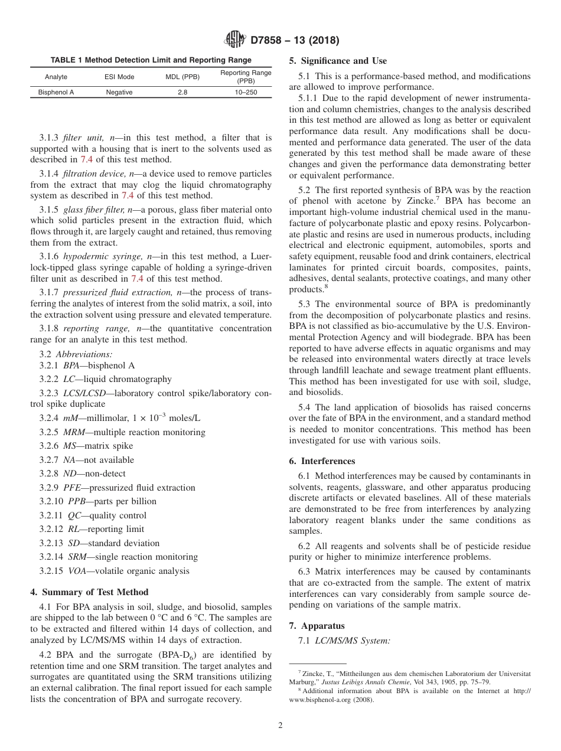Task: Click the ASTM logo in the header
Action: [235, 40]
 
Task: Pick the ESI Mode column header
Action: [119, 77]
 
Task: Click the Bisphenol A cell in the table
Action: [56, 92]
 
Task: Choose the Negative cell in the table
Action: [119, 92]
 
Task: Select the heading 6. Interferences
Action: [322, 461]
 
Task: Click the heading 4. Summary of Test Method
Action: [89, 592]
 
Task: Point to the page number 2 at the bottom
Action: [280, 726]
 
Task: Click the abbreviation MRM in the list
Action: [73, 432]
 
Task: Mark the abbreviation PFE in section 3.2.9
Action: [71, 488]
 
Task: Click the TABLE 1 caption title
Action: [151, 60]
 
